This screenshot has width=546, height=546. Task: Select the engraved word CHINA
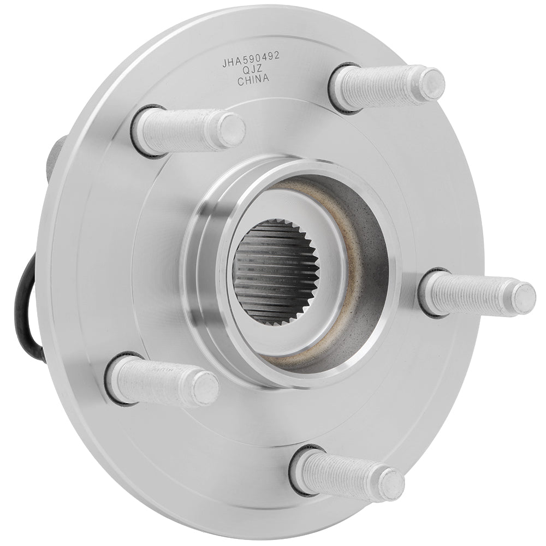(253, 80)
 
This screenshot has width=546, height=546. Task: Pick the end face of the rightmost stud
(523, 299)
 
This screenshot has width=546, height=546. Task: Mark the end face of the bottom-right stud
(391, 484)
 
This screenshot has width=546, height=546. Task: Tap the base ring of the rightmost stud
(428, 292)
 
